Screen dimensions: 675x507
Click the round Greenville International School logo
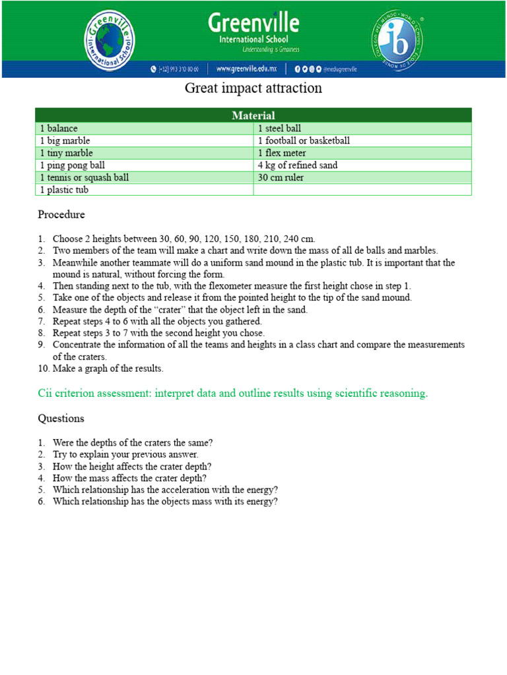pyautogui.click(x=110, y=41)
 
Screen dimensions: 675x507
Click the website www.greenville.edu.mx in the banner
pyautogui.click(x=246, y=69)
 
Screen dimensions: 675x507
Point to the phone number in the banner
pyautogui.click(x=178, y=69)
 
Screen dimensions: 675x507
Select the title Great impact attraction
pyautogui.click(x=253, y=88)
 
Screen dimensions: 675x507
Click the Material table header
pyautogui.click(x=253, y=115)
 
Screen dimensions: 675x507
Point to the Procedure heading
pyautogui.click(x=61, y=215)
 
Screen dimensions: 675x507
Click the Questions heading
pyautogui.click(x=61, y=419)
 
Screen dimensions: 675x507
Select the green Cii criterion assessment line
pyautogui.click(x=232, y=394)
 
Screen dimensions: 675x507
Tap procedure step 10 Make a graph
pyautogui.click(x=107, y=368)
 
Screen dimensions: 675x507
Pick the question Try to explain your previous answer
pyautogui.click(x=125, y=454)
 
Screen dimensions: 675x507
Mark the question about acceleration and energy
pyautogui.click(x=165, y=490)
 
